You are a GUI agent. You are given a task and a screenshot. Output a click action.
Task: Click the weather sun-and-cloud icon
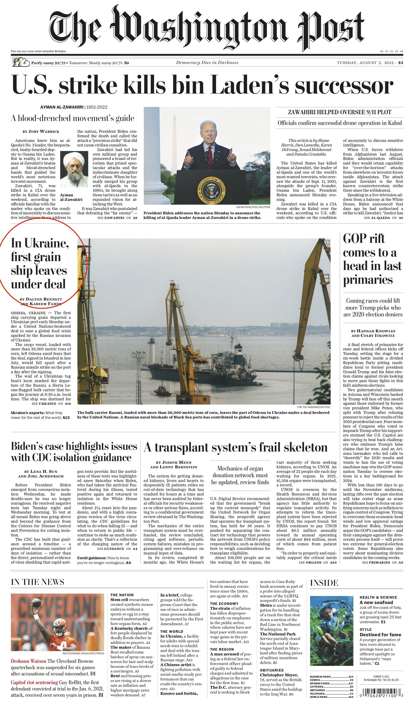(20, 62)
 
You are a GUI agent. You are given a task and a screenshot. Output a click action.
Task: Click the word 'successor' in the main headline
(344, 85)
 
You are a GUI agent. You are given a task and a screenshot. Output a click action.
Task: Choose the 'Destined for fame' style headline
(380, 635)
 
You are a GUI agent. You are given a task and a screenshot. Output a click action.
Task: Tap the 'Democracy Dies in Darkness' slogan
(207, 63)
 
